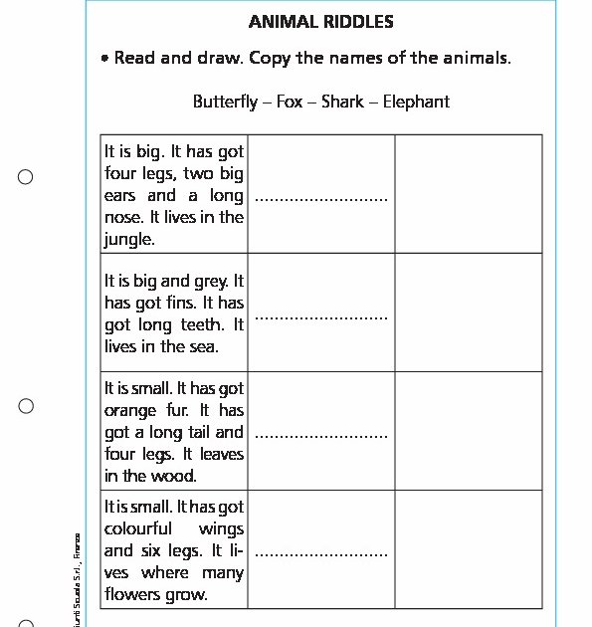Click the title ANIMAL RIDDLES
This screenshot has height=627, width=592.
[x=320, y=21]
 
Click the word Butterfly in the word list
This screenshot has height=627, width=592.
[x=225, y=102]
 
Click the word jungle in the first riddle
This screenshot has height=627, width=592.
[x=128, y=240]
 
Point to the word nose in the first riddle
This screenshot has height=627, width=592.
[x=122, y=218]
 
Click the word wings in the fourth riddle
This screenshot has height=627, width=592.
[x=221, y=529]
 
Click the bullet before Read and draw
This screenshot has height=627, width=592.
[x=104, y=60]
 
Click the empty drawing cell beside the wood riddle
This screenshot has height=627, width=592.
[x=469, y=431]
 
